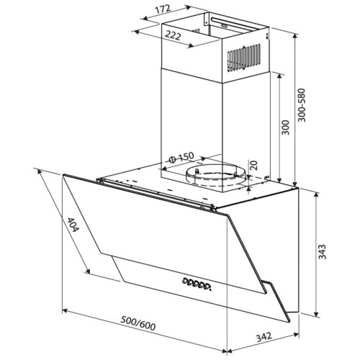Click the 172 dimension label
(163, 9)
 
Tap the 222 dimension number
(173, 35)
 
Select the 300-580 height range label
(302, 105)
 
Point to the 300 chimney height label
(285, 127)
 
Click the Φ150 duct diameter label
(181, 157)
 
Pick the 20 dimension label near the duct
(253, 165)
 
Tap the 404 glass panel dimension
(73, 225)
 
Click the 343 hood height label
(322, 252)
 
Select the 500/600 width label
(138, 323)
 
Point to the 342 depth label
(264, 337)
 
